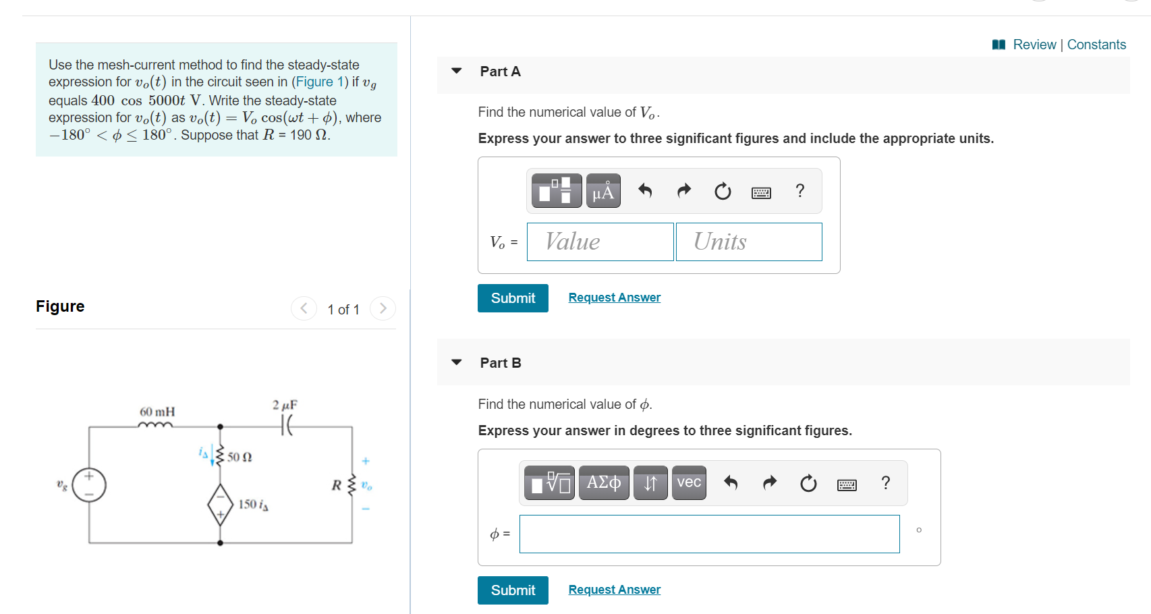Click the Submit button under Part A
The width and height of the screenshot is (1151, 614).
click(x=513, y=298)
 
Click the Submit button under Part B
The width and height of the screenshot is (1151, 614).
click(x=513, y=590)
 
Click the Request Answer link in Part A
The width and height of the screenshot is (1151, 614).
click(x=614, y=298)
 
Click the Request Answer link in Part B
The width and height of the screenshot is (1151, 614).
click(x=614, y=590)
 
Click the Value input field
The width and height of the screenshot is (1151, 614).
click(x=600, y=242)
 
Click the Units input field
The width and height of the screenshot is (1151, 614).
click(x=749, y=242)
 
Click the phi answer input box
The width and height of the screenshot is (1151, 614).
click(x=709, y=534)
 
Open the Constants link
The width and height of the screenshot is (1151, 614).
click(x=1096, y=45)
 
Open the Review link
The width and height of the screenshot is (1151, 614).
click(x=1034, y=45)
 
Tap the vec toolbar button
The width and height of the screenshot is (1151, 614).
click(x=688, y=482)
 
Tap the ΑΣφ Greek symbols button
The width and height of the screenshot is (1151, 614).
click(x=604, y=482)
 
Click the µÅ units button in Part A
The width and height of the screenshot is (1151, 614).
click(x=603, y=192)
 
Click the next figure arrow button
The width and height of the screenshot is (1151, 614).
click(x=383, y=308)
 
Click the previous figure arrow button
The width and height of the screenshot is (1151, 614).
click(x=304, y=308)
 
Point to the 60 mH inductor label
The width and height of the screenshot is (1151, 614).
click(x=157, y=412)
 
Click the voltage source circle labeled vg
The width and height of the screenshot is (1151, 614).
click(x=90, y=485)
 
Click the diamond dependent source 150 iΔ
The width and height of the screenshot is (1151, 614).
click(x=221, y=504)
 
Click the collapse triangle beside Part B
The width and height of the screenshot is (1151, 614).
click(x=457, y=362)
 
